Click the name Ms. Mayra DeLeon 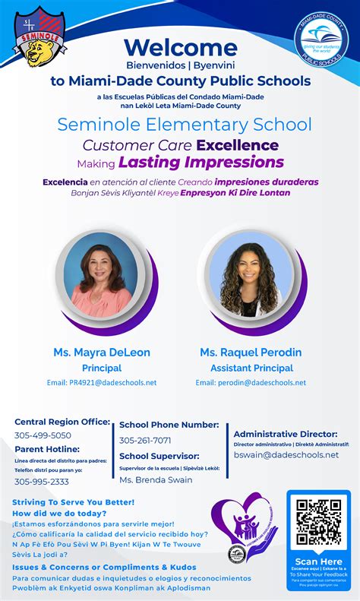102,353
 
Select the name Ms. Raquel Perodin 251,353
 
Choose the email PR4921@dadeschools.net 102,382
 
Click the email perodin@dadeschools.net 251,382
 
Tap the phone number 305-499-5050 43,435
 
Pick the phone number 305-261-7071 145,440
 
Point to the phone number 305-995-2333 42,481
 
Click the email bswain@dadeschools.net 286,454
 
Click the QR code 318,523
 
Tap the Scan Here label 318,561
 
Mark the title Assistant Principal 251,369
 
